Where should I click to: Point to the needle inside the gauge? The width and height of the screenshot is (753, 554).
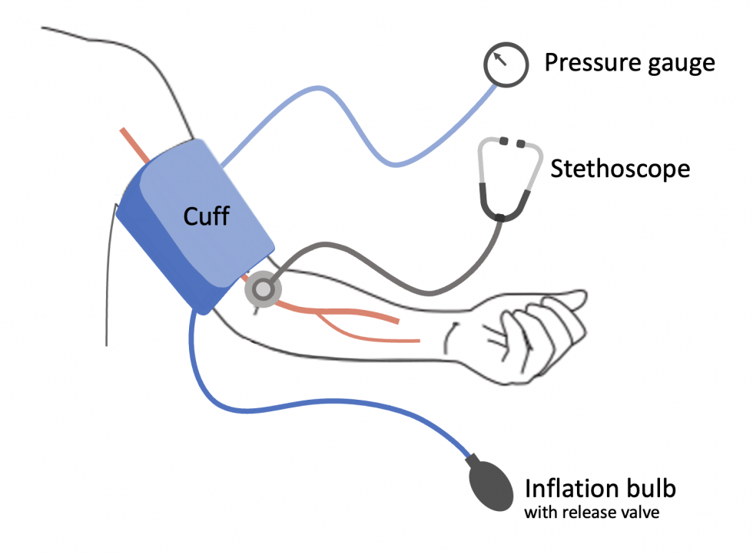point(501,59)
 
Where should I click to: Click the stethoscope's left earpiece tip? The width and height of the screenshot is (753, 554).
point(504,142)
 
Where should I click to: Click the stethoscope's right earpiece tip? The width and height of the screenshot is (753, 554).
point(522,143)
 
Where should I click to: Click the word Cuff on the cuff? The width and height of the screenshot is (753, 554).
point(206,216)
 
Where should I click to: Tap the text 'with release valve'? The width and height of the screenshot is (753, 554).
point(592,513)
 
